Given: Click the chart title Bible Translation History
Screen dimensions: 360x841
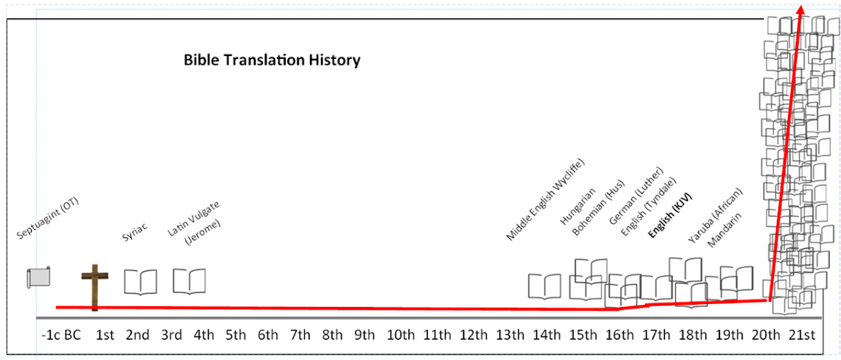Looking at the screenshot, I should tap(272, 60).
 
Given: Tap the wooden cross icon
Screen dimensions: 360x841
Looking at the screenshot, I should tap(94, 286).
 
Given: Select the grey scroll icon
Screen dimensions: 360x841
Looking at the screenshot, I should tap(38, 277).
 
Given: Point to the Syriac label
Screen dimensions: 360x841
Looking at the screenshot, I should tap(135, 232).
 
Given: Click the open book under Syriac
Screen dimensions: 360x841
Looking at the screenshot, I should tap(140, 282).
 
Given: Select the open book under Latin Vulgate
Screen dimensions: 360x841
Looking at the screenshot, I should tap(189, 281).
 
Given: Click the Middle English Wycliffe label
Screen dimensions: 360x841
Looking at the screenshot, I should tap(545, 200).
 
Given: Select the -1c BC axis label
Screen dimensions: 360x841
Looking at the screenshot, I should tap(61, 335).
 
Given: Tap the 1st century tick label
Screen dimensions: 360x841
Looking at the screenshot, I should tap(105, 335).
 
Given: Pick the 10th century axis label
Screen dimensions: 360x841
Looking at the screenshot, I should tap(400, 335).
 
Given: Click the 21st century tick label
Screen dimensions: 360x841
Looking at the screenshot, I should tap(800, 335).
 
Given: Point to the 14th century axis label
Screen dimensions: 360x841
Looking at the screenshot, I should tap(546, 335).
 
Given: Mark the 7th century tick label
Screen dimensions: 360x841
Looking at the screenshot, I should tap(300, 335).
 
